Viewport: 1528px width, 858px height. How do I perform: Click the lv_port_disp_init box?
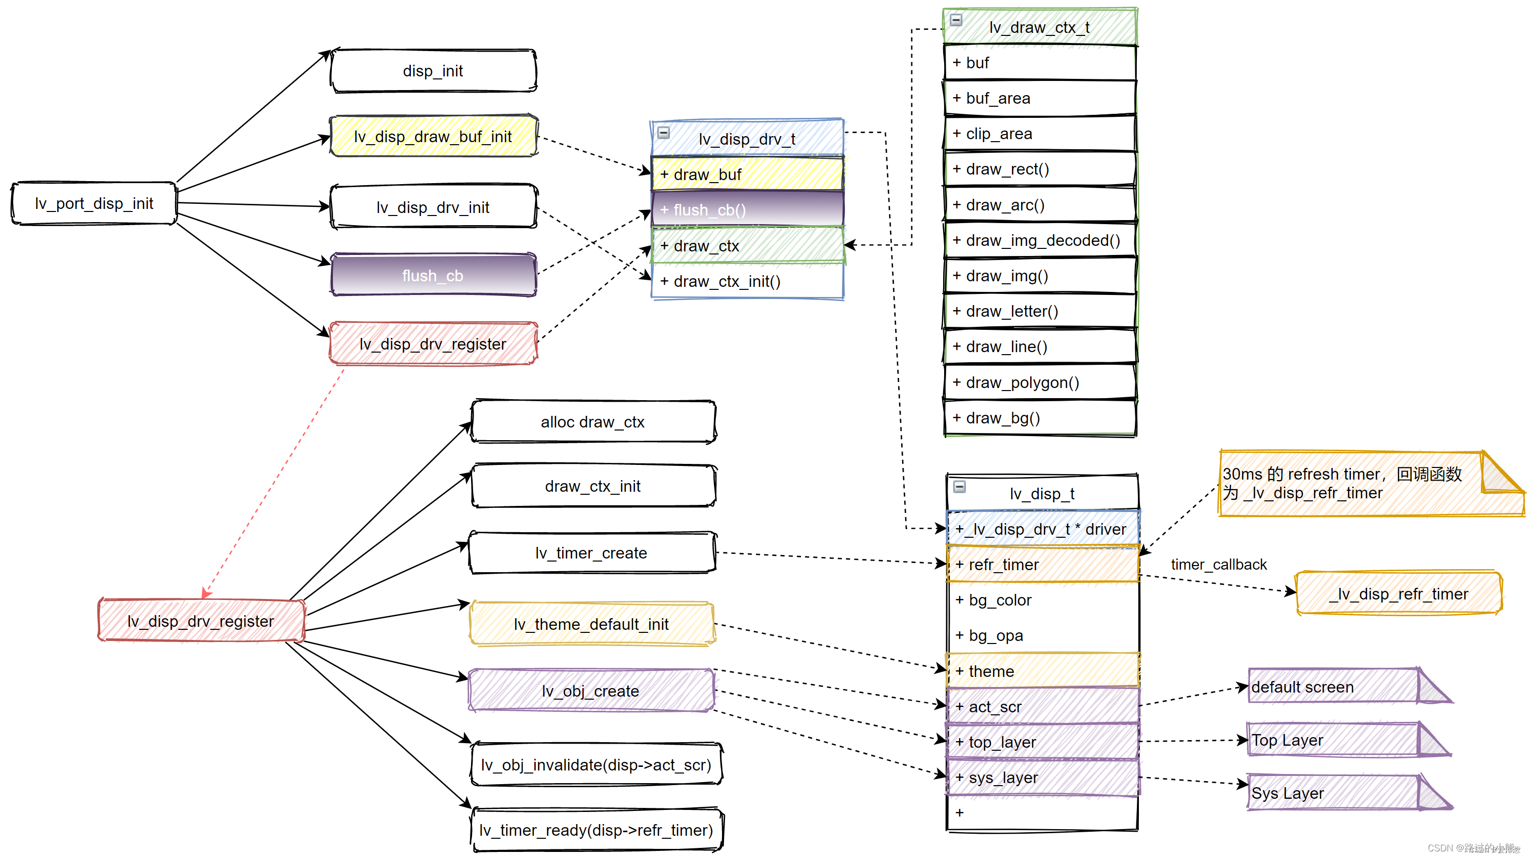pos(94,203)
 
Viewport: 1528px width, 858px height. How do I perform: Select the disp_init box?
pos(434,70)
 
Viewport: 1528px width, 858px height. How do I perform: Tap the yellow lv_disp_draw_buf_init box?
pos(434,137)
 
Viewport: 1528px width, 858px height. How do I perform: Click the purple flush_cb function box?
pos(434,275)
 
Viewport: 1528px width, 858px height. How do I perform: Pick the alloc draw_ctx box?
pos(593,421)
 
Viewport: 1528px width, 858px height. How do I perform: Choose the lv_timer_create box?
pos(592,552)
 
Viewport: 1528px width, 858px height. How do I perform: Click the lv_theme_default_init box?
pos(592,624)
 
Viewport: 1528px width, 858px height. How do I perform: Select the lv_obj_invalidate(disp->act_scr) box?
pos(597,764)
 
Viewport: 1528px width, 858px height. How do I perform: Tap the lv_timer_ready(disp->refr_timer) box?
pos(597,830)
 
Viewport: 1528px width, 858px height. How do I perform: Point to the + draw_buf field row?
pos(747,174)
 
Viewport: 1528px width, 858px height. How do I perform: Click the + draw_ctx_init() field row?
pos(747,281)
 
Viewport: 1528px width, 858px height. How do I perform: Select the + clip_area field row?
pos(1040,134)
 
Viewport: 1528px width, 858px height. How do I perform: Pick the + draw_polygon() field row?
pos(1040,382)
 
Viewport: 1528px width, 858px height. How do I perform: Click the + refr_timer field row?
pos(1043,565)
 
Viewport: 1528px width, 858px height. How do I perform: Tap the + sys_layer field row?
pos(1043,778)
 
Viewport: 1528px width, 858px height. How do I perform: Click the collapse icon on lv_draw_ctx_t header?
pos(956,20)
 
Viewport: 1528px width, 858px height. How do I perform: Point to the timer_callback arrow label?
pos(1218,565)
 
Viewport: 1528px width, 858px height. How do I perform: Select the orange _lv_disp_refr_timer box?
pos(1398,593)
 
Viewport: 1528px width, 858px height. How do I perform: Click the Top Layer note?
pos(1350,740)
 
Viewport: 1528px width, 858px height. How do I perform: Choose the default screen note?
pos(1350,687)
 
